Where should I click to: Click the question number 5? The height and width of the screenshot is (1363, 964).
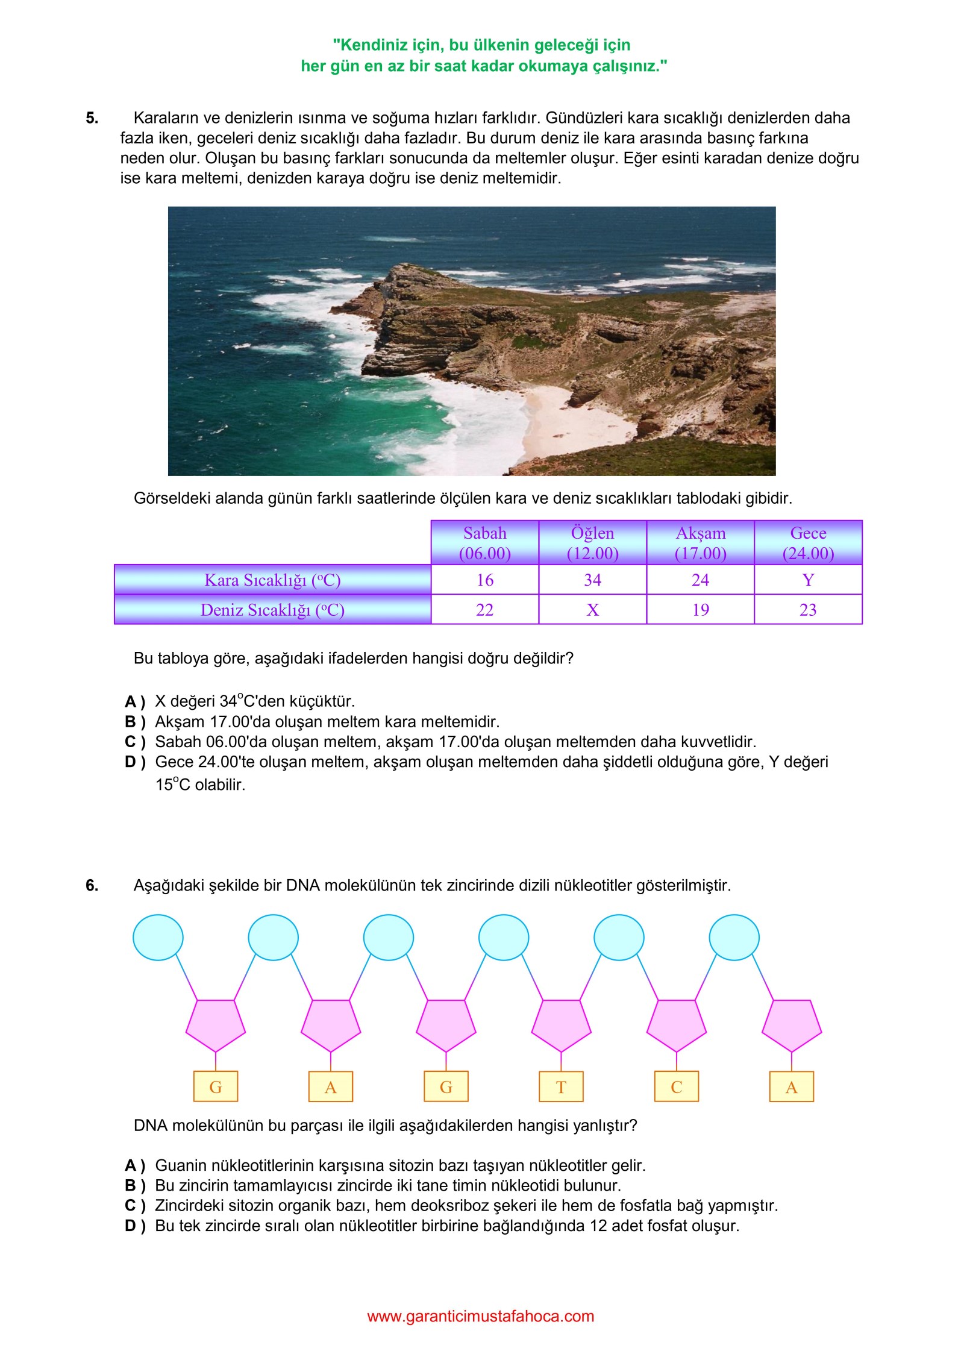[x=92, y=118]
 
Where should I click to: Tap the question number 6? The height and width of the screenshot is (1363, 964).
[x=92, y=885]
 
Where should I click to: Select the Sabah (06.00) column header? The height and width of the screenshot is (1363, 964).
[x=485, y=543]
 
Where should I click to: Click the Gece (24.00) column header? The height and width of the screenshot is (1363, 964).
[x=809, y=543]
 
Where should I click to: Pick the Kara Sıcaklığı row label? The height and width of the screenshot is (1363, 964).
[x=273, y=580]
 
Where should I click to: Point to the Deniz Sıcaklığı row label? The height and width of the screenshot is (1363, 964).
[x=273, y=610]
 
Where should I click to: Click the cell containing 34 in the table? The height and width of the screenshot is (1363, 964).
[x=593, y=580]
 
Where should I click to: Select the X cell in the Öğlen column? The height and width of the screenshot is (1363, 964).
[x=593, y=610]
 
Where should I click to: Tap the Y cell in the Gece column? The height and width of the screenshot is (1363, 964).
[x=809, y=580]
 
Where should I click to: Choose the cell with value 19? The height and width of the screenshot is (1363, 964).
[x=701, y=610]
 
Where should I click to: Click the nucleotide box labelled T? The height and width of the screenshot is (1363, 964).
[x=561, y=1087]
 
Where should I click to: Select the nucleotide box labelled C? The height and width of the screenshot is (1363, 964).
[x=677, y=1087]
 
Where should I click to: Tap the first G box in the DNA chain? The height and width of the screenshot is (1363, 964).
[x=216, y=1087]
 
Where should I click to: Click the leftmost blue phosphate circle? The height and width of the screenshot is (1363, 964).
[x=158, y=937]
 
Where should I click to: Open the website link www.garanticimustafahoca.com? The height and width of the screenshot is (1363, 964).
[x=481, y=1317]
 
